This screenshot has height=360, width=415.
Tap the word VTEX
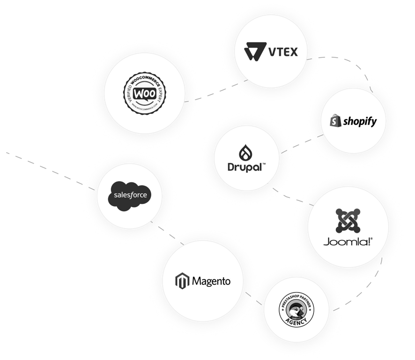282,52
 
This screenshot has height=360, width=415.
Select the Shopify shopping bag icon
334,122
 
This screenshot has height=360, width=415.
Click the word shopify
360,122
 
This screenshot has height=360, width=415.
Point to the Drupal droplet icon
245,153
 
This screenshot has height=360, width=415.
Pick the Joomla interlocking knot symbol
348,222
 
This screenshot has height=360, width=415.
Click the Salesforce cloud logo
130,195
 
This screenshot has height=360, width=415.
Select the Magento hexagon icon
181,281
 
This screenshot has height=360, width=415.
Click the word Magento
211,281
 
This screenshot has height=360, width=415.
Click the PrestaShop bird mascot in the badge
296,309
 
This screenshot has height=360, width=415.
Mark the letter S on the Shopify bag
334,123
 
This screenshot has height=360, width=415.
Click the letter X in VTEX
292,52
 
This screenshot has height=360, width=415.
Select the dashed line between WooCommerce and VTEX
213,93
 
